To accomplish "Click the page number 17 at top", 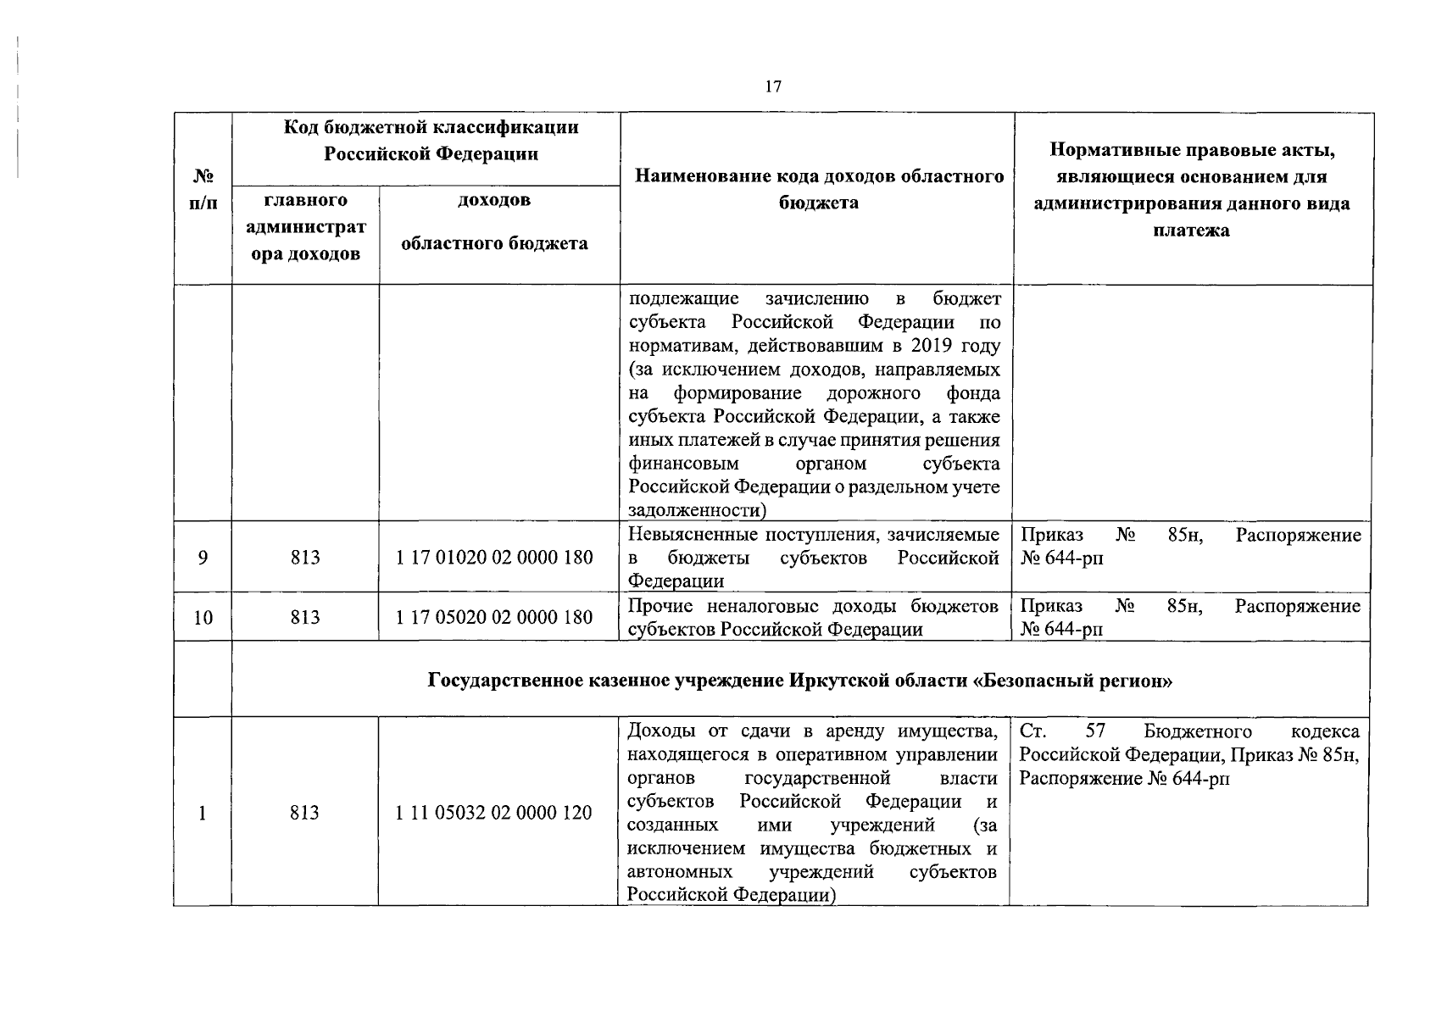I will (x=772, y=86).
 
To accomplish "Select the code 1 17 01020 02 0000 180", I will (x=494, y=558).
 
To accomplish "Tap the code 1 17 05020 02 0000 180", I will (x=494, y=617).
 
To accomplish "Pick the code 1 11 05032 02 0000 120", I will (x=493, y=813).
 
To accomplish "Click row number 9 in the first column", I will (x=203, y=558).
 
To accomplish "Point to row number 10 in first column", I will (x=203, y=617).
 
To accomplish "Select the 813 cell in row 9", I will (x=304, y=558).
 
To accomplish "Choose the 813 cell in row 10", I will (x=304, y=617).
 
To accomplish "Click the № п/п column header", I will (x=203, y=191).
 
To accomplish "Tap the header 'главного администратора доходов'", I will (x=305, y=227).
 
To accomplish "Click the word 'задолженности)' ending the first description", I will (x=697, y=511).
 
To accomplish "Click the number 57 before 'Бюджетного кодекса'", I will (x=1095, y=731).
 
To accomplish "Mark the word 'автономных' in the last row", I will (x=680, y=872).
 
